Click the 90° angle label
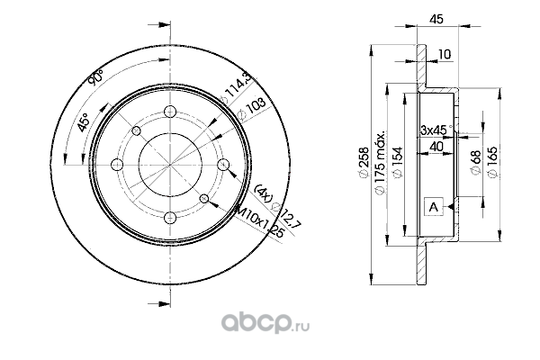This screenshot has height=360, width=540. (92, 82)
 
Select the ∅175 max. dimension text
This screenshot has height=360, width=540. (380, 158)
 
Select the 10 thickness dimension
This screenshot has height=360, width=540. (444, 55)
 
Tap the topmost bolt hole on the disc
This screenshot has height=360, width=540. (170, 112)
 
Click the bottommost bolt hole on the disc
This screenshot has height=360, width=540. (170, 215)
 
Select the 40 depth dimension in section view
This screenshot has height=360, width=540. (436, 147)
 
